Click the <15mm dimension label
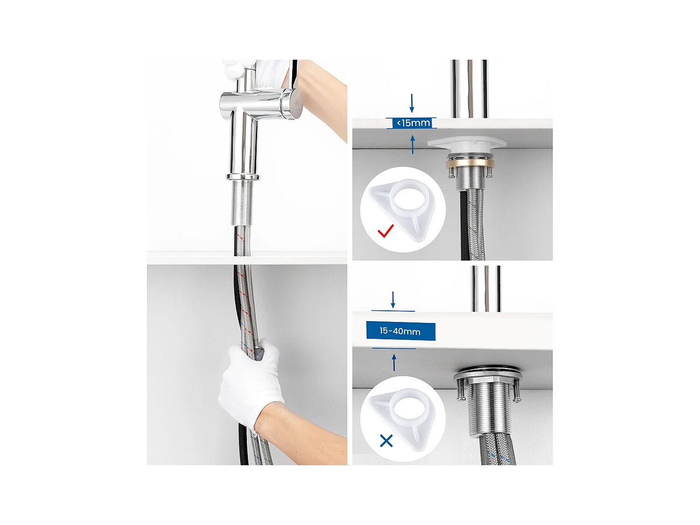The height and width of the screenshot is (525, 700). [413, 123]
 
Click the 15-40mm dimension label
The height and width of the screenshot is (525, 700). [400, 331]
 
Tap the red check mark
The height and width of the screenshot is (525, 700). [385, 231]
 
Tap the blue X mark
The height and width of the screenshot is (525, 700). [386, 441]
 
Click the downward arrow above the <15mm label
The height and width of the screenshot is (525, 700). [412, 103]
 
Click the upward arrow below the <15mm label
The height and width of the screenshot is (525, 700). [413, 144]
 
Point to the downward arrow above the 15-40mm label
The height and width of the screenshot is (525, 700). [393, 300]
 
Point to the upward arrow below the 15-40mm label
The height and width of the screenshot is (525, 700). [394, 363]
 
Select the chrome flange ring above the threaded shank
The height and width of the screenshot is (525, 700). [242, 177]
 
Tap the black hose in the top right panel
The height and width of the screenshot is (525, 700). [464, 224]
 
